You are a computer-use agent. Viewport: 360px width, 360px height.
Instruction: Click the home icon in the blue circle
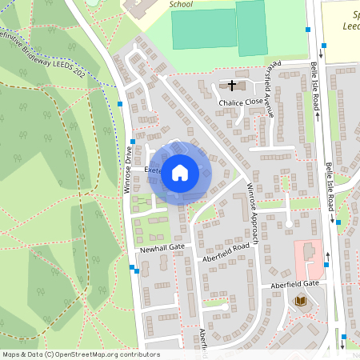click(180, 172)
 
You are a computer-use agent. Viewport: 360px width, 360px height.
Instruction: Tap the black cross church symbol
click(233, 85)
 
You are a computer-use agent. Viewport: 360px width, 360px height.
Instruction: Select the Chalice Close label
click(241, 102)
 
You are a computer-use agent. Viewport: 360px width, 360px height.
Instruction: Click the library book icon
click(302, 301)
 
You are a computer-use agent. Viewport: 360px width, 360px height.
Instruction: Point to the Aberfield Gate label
click(294, 284)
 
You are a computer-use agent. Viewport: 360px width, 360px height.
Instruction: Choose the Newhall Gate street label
click(162, 249)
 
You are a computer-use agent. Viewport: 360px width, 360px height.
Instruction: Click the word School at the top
click(182, 4)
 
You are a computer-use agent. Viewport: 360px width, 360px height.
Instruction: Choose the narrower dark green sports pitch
click(250, 27)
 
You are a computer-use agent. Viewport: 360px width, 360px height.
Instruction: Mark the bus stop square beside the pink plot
click(326, 264)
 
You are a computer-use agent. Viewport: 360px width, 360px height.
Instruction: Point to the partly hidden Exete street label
click(153, 170)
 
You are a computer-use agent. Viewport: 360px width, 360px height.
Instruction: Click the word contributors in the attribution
click(137, 354)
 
